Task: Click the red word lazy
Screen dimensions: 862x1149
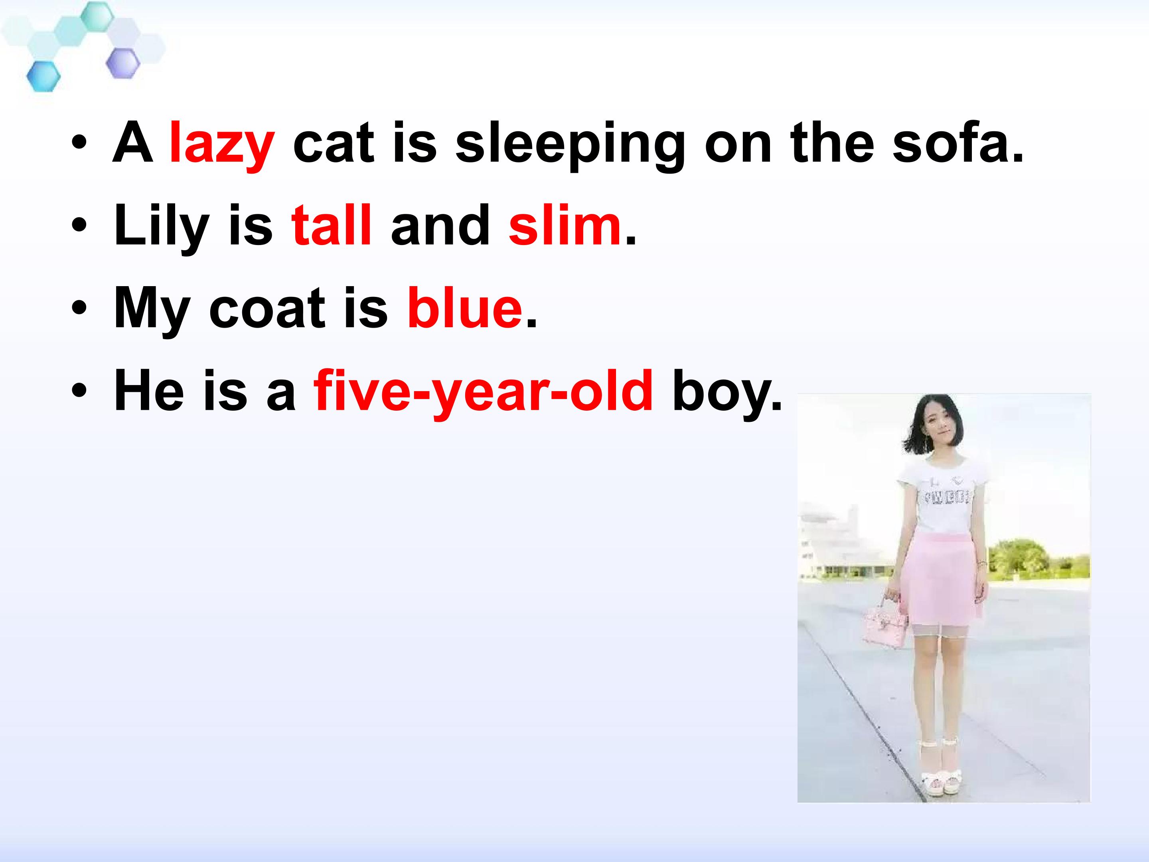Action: pyautogui.click(x=222, y=143)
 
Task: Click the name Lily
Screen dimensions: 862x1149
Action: pyautogui.click(x=161, y=225)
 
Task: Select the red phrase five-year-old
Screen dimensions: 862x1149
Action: pyautogui.click(x=483, y=391)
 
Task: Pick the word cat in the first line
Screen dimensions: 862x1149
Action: pyautogui.click(x=334, y=143)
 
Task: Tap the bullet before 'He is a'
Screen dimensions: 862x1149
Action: pyautogui.click(x=79, y=391)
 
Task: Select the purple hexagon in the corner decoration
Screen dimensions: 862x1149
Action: pyautogui.click(x=123, y=63)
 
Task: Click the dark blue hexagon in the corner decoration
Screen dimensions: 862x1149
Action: pyautogui.click(x=43, y=76)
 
